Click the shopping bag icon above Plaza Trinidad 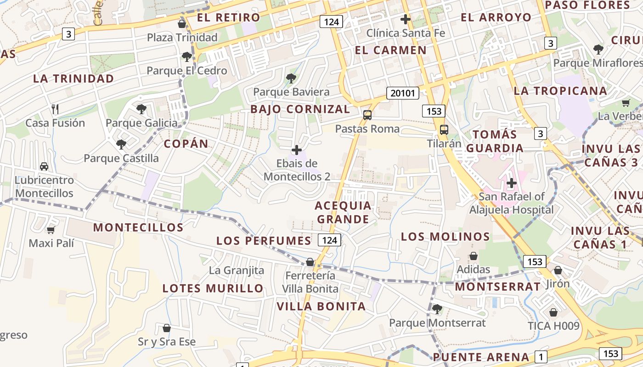(x=182, y=24)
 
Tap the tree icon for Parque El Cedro (x=186, y=57)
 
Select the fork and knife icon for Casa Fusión (x=55, y=109)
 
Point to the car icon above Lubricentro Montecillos (x=44, y=166)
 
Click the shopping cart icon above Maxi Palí (x=51, y=229)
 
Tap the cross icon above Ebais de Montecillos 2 (x=297, y=150)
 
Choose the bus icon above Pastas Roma (x=367, y=115)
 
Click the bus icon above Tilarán (x=444, y=130)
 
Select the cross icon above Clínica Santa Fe (x=405, y=19)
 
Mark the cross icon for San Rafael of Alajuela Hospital (x=511, y=183)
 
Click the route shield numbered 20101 (x=402, y=94)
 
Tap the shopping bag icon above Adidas (x=473, y=256)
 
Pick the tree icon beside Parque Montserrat (x=437, y=309)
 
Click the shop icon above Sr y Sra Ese (x=167, y=328)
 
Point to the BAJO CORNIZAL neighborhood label (x=300, y=109)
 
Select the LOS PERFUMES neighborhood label (x=264, y=241)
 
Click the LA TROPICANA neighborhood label (x=560, y=91)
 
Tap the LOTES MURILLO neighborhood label (x=213, y=289)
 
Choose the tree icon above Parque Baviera (x=291, y=78)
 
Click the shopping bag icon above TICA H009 (x=553, y=312)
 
